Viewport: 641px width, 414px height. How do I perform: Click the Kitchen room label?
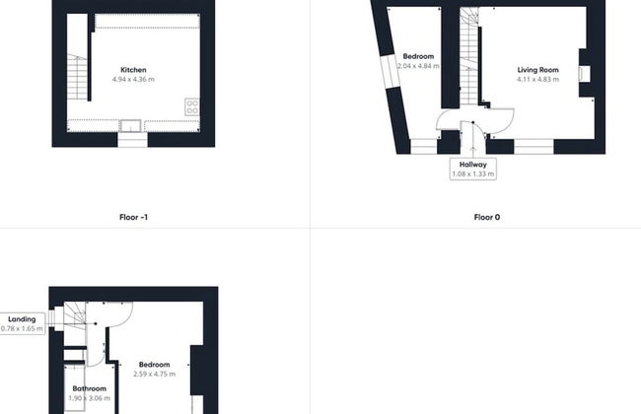[133, 70]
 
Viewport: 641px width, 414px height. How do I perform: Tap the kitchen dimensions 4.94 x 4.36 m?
[133, 79]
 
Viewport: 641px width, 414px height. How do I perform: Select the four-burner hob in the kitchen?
[192, 106]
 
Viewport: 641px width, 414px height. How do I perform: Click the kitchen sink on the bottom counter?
[130, 126]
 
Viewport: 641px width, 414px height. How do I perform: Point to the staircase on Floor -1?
[77, 77]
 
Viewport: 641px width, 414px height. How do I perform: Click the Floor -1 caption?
[133, 217]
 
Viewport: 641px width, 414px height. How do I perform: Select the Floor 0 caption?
[487, 217]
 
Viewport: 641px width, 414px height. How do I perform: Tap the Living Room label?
[538, 70]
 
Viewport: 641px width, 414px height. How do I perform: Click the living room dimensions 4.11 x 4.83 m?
[538, 79]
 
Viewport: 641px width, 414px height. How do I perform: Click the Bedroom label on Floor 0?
[418, 56]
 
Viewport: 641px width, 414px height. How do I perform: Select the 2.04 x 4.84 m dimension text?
[418, 66]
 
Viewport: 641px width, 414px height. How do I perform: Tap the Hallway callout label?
[473, 165]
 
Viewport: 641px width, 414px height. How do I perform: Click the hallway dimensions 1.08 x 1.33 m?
[473, 174]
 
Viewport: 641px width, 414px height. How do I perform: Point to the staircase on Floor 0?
[469, 57]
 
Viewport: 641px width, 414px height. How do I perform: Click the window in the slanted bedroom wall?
[390, 72]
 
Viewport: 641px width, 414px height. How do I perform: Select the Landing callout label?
[22, 319]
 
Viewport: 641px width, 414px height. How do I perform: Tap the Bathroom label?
[89, 388]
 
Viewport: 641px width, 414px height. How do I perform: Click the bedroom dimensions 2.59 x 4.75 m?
[155, 374]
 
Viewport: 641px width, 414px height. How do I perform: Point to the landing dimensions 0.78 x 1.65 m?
[22, 328]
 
